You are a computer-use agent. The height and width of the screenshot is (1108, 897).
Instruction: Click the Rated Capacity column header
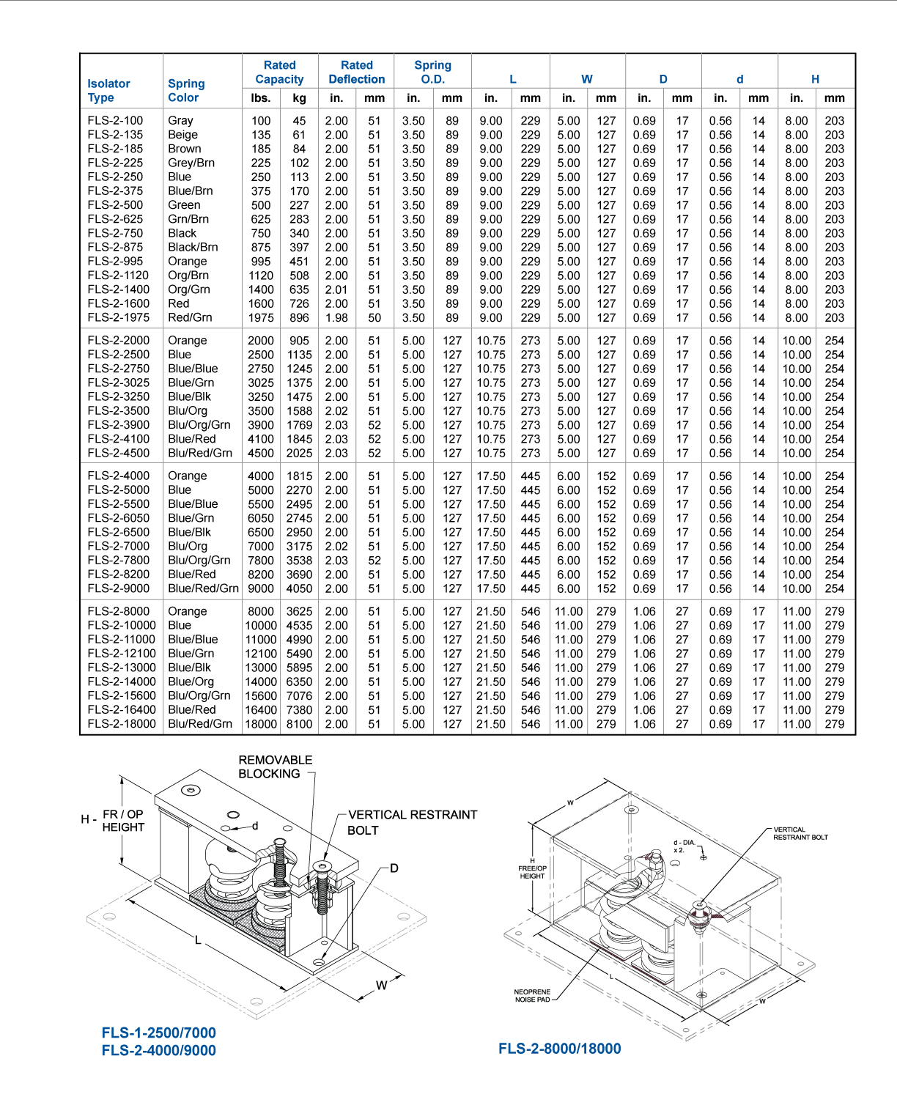pos(279,72)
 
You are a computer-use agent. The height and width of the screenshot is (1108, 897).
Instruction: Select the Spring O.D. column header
pos(432,72)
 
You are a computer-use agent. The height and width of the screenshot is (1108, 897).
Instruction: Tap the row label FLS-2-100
pos(115,120)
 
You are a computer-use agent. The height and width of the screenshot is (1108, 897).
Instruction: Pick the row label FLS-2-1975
pos(118,317)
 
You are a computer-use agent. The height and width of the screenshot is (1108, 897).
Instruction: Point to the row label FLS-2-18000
pos(122,724)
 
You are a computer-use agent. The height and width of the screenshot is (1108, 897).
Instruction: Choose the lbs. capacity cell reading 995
pos(261,262)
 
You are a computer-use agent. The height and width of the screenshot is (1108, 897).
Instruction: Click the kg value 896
pos(299,318)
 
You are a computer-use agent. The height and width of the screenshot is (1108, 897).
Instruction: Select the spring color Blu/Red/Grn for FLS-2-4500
pos(200,453)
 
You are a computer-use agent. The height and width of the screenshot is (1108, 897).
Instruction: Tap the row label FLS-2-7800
pos(118,560)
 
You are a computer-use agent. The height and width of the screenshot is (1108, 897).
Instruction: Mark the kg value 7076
pos(299,696)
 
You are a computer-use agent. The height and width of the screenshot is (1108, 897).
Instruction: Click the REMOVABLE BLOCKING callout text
pos(275,767)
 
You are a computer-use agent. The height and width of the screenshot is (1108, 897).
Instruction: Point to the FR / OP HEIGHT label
pos(122,821)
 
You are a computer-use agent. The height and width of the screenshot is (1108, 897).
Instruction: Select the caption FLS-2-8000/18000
pos(559,1049)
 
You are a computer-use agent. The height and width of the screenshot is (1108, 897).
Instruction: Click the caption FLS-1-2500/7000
pos(158,1033)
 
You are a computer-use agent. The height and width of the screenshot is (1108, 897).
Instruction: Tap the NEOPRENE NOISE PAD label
pos(532,996)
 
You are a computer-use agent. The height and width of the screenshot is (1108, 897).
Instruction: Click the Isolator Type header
pos(108,90)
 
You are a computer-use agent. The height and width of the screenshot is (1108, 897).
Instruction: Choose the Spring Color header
pos(186,90)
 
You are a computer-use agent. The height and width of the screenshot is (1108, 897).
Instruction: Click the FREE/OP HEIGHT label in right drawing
pos(533,872)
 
